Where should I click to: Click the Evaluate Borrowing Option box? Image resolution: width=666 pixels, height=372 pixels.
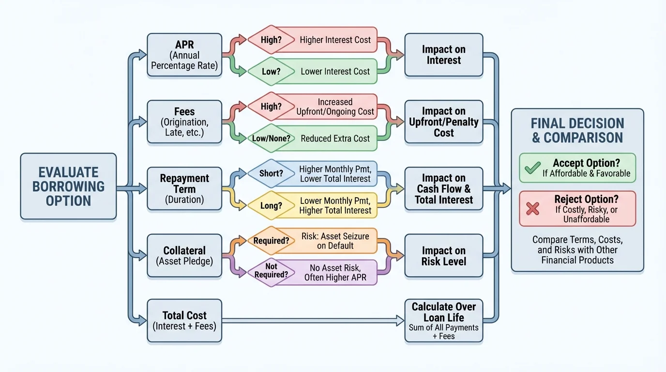tap(68, 186)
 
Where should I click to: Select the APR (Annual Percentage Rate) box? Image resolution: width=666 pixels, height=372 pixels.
tap(184, 55)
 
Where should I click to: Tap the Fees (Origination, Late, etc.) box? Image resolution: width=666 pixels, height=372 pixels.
tap(184, 122)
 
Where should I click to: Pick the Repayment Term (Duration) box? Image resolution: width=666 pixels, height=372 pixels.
tap(184, 188)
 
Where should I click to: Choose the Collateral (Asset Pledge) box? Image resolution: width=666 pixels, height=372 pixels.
tap(184, 255)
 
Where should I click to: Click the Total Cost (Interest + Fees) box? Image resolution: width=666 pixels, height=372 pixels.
tap(184, 320)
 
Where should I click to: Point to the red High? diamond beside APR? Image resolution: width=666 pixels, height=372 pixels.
tap(271, 40)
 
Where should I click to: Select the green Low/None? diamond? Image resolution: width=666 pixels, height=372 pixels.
tap(271, 139)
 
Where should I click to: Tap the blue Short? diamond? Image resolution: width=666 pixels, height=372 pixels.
tap(271, 173)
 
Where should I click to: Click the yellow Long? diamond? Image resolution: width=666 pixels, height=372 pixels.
tap(271, 205)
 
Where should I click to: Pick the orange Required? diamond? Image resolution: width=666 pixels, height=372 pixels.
tap(271, 240)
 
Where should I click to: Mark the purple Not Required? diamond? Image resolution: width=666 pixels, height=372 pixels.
tap(271, 270)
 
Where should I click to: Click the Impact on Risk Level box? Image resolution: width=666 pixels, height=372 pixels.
tap(443, 256)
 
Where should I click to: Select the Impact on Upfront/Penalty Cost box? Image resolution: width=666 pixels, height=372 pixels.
tap(443, 122)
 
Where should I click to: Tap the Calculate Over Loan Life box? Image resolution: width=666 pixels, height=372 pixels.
tap(443, 320)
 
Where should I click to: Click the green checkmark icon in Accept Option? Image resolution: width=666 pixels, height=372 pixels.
tap(532, 168)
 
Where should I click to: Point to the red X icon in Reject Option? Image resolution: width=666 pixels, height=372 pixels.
tap(532, 208)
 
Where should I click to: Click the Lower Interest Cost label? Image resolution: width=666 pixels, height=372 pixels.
tap(335, 72)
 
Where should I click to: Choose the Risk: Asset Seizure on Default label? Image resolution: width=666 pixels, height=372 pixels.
tap(335, 241)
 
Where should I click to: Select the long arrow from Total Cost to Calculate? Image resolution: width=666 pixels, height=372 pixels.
tap(312, 320)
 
